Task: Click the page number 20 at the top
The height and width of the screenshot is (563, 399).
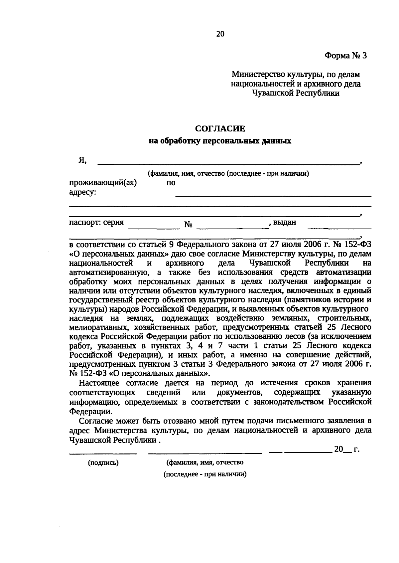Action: pos(220,34)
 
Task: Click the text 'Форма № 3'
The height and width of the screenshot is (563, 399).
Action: pos(345,56)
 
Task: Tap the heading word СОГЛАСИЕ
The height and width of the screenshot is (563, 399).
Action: pos(220,128)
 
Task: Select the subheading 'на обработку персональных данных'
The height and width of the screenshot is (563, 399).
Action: pos(220,141)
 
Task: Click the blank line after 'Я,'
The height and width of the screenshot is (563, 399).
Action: pos(228,163)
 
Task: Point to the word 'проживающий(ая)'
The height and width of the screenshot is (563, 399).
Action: pos(103,183)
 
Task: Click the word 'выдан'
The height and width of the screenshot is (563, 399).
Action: pos(284,222)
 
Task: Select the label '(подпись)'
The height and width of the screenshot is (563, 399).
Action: pos(103,463)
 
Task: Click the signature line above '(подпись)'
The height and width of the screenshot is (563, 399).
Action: pos(103,453)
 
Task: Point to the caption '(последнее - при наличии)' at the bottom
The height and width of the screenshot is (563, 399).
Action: pos(205,474)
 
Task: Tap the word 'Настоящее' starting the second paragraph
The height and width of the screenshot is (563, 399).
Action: pos(100,383)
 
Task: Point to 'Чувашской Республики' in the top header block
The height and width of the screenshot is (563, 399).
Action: pos(296,94)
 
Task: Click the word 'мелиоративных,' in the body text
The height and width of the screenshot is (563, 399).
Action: pos(94,327)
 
